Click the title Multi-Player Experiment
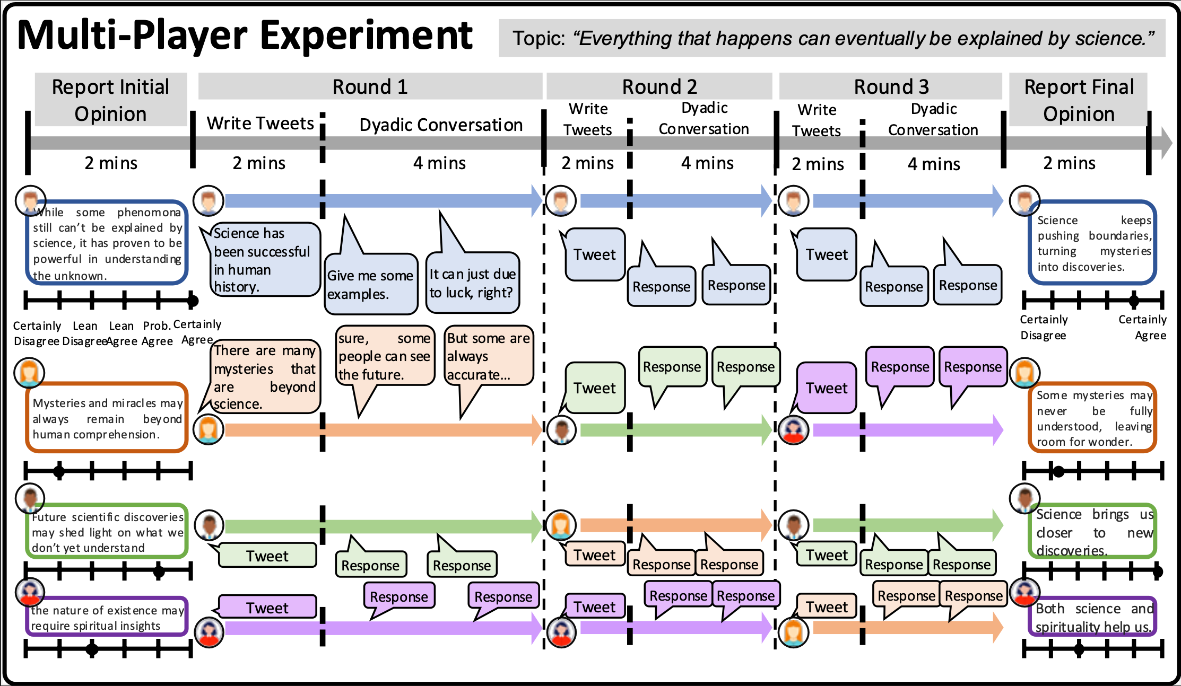[245, 36]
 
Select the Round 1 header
[370, 86]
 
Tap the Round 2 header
[659, 86]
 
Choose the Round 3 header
[891, 86]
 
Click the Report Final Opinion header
[1079, 100]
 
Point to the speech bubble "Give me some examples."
[370, 284]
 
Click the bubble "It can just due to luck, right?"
[472, 283]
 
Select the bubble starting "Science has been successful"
[263, 259]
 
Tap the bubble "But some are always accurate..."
[488, 356]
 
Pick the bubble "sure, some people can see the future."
[384, 356]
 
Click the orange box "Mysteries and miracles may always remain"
[107, 418]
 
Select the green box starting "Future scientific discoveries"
[107, 532]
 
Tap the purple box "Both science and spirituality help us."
[1093, 618]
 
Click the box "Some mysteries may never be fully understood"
[1093, 418]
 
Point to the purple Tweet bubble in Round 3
[826, 388]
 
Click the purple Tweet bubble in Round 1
[267, 608]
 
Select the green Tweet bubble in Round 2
[594, 388]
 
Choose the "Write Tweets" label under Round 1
[260, 124]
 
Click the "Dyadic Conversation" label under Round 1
[440, 125]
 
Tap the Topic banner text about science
[832, 38]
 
